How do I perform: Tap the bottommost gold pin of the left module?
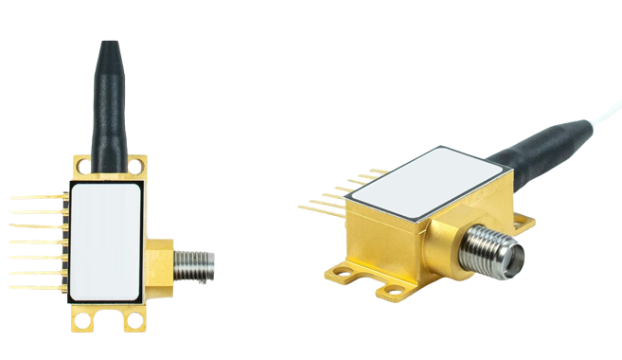coord(38,286)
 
